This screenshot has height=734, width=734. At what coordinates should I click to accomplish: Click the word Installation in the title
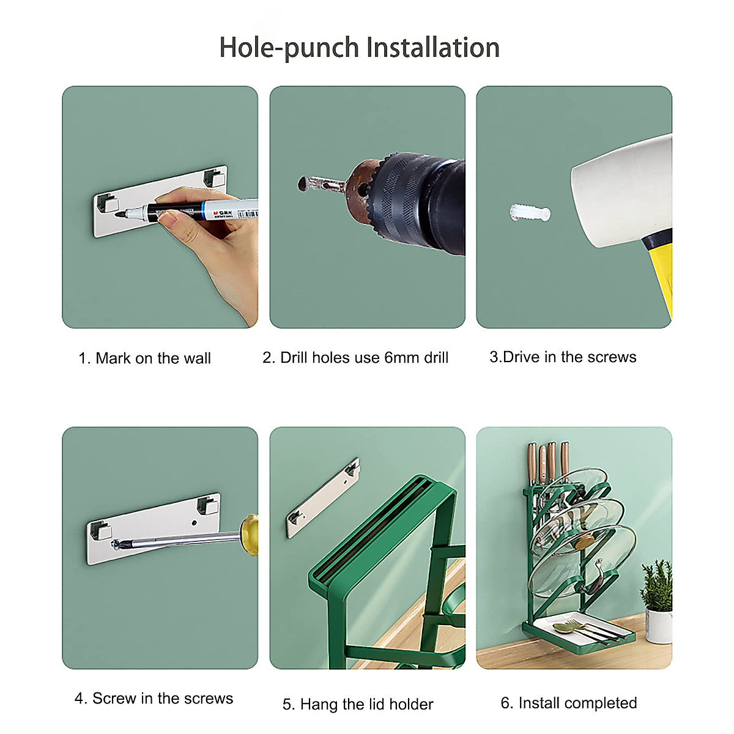(x=432, y=47)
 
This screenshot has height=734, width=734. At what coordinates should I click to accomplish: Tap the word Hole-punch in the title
(x=289, y=48)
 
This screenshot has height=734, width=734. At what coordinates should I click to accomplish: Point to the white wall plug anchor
(x=530, y=212)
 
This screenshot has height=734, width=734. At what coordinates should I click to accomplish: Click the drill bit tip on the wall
(x=303, y=183)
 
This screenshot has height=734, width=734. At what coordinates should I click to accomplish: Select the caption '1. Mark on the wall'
(x=145, y=358)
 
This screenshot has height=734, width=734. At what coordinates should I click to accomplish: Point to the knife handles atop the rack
(x=548, y=461)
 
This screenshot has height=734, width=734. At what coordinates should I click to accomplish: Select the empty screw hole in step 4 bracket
(x=195, y=523)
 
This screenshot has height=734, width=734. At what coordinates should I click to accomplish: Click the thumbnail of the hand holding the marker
(x=160, y=207)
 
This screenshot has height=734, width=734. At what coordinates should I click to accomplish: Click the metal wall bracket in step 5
(x=323, y=499)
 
